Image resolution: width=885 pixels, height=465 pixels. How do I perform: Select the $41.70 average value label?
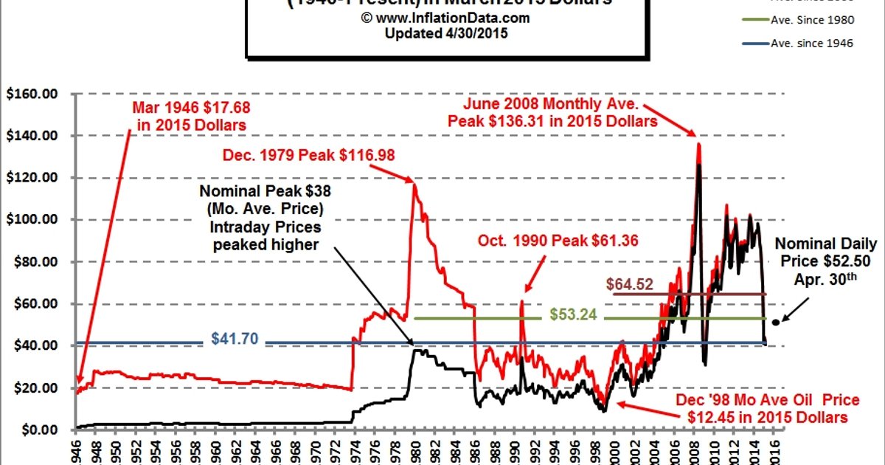click(234, 340)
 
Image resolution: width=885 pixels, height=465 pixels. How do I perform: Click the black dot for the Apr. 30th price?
click(775, 322)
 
